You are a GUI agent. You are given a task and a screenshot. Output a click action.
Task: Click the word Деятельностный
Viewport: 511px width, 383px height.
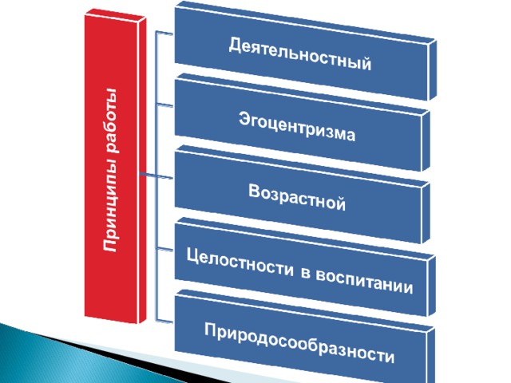click(x=300, y=54)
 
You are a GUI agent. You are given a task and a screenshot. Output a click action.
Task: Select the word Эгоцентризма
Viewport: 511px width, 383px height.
click(x=297, y=126)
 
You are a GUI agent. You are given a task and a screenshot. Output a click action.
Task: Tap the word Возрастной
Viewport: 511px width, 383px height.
click(x=297, y=197)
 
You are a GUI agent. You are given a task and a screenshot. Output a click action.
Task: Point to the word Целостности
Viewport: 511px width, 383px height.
click(x=240, y=263)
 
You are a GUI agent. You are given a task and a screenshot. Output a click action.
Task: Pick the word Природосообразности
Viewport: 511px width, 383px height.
click(x=299, y=343)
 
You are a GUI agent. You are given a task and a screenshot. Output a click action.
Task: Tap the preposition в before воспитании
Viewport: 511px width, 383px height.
click(x=305, y=273)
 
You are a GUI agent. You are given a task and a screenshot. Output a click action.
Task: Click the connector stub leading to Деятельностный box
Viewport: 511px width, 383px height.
click(x=165, y=32)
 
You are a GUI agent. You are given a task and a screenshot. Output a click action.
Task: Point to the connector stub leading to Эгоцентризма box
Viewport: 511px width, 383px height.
click(x=165, y=105)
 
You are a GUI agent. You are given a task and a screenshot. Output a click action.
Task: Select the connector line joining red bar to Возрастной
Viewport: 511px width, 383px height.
click(x=156, y=176)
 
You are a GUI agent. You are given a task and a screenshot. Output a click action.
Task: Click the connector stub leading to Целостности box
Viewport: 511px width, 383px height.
click(x=165, y=249)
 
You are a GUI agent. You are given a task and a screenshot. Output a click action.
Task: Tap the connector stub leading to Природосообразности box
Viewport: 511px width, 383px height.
click(x=165, y=321)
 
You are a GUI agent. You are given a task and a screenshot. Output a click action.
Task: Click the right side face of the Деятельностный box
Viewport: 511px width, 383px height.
click(x=432, y=70)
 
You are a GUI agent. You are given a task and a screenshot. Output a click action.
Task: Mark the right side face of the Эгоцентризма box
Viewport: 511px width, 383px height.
click(x=426, y=141)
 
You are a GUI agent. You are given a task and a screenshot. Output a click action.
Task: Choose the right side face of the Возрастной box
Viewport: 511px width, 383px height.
click(x=426, y=213)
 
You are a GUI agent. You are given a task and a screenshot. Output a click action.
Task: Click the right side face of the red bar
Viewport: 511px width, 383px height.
click(x=142, y=170)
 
